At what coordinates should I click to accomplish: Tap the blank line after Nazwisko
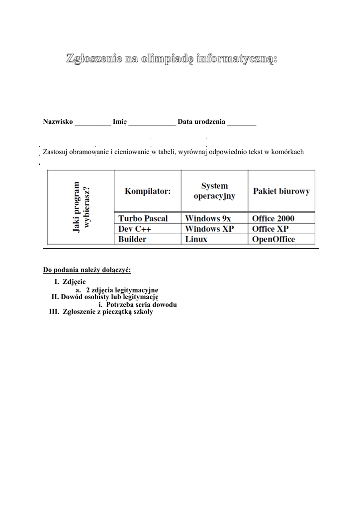click(92, 122)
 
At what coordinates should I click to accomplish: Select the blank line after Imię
click(152, 122)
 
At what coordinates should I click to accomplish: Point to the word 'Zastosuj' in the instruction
click(56, 152)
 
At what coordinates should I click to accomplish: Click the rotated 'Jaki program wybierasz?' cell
click(81, 207)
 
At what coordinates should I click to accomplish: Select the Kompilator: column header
click(147, 191)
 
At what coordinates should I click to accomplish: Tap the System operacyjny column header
click(214, 191)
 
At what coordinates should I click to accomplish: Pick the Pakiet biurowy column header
click(281, 191)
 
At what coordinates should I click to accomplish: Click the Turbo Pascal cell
click(143, 219)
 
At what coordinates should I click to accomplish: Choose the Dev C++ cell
click(135, 229)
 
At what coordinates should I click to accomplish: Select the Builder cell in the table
click(132, 240)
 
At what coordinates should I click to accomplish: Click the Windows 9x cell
click(208, 219)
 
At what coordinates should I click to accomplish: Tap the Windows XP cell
click(209, 229)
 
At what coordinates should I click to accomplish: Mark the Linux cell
click(196, 240)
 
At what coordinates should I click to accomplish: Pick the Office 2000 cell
click(273, 219)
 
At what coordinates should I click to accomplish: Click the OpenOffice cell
click(273, 240)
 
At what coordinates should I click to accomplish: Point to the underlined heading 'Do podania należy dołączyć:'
click(87, 270)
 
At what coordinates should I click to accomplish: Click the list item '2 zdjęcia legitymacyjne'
click(122, 290)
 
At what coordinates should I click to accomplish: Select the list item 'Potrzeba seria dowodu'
click(141, 305)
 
